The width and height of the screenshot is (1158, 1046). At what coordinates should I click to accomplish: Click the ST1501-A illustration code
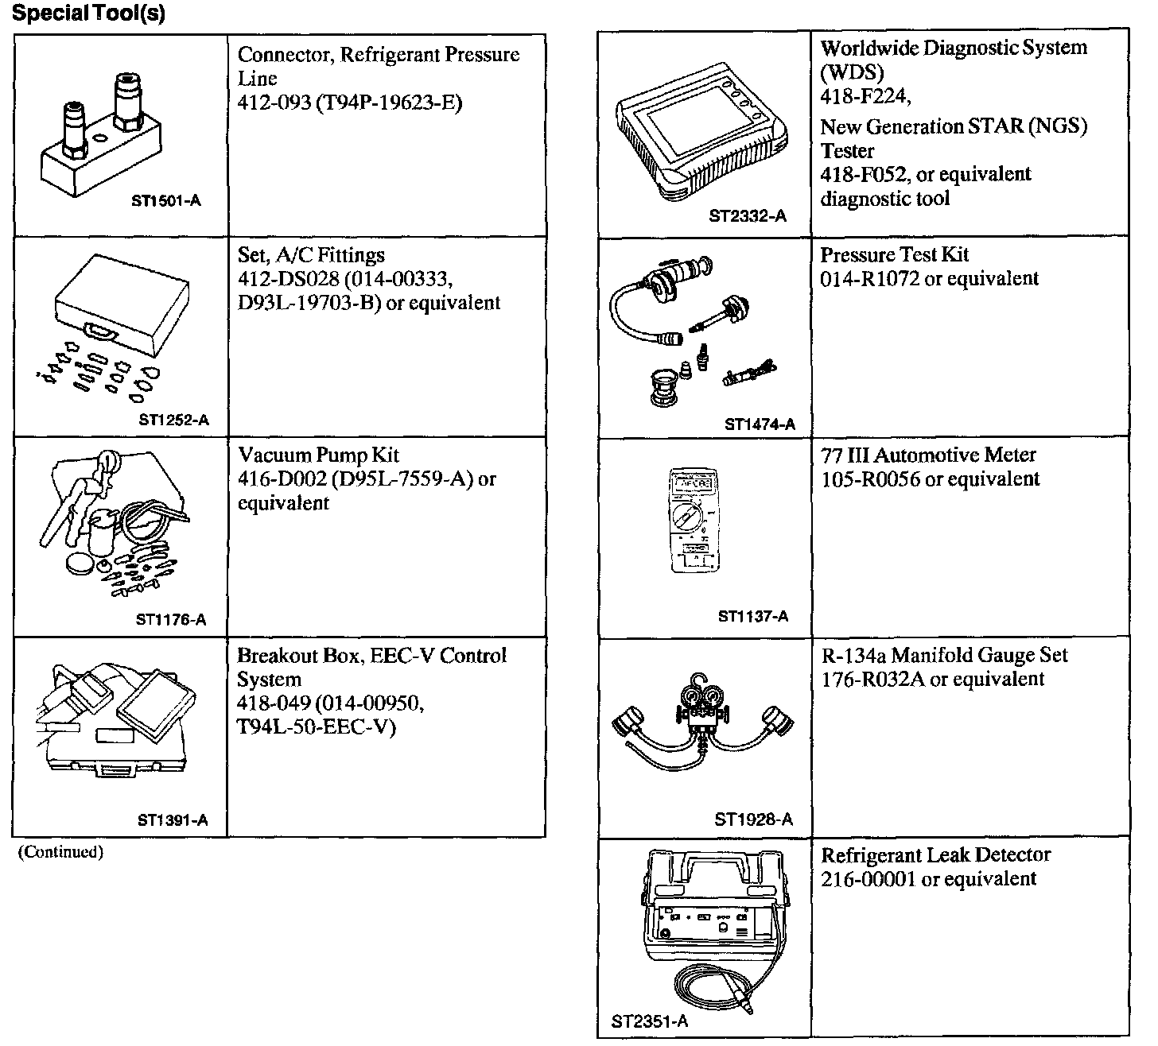165,201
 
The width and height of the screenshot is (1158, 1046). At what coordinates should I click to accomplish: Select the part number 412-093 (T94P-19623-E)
350,103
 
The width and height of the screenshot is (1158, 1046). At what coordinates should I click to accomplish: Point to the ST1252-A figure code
173,420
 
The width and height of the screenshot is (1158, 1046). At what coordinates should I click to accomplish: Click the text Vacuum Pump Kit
318,455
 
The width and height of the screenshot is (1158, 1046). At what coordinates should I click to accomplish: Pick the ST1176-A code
171,620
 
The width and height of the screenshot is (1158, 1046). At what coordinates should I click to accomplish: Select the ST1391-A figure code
173,821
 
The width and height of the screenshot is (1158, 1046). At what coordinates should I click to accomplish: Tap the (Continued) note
61,852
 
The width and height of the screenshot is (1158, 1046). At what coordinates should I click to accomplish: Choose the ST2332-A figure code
748,216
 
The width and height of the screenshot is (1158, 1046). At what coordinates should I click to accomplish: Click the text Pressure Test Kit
895,255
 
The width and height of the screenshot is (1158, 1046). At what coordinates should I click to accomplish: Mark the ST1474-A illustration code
760,424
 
